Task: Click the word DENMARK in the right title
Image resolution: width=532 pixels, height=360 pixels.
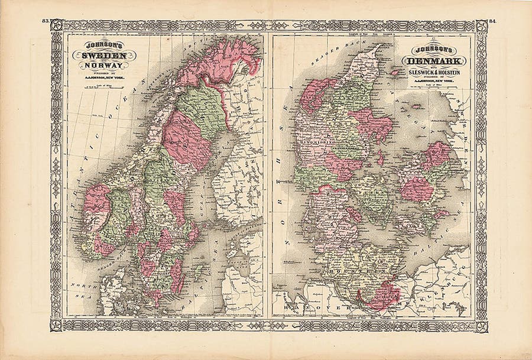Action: click(x=434, y=61)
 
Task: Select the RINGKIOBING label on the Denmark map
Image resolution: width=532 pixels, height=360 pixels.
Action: click(x=315, y=142)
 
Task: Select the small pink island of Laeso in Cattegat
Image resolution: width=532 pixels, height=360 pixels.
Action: click(x=395, y=73)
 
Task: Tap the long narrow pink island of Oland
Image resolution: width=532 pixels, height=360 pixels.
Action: click(x=178, y=275)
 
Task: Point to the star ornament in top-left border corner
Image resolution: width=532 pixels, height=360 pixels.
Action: click(x=57, y=25)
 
